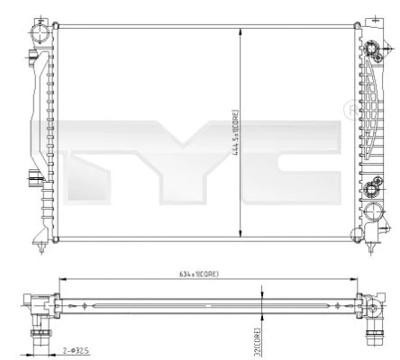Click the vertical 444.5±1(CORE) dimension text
[x=233, y=132]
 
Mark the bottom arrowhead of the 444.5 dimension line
[x=240, y=236]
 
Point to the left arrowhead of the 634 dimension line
[x=60, y=280]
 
